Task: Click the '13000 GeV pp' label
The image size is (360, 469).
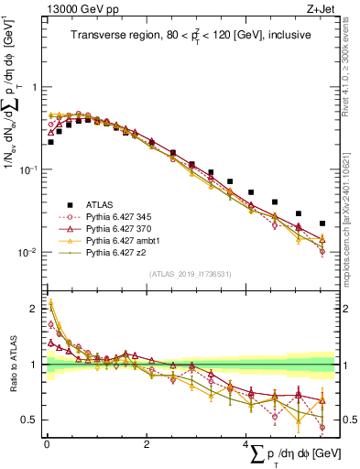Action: point(78,10)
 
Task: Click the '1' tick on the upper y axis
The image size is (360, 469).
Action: point(35,87)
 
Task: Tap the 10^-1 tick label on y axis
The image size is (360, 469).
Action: point(29,170)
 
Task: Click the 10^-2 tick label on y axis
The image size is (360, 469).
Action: point(29,253)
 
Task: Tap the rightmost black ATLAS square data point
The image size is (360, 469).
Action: point(322,224)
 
